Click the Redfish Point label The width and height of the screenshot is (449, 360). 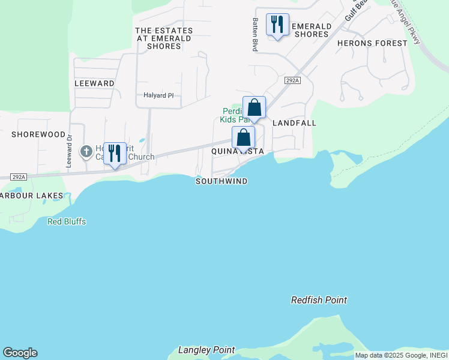click(319, 300)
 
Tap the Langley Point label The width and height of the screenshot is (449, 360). click(206, 350)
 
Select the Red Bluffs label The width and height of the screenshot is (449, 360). click(67, 221)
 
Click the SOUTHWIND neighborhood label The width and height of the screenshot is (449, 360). click(221, 181)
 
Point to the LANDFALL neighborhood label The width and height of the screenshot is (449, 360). click(294, 123)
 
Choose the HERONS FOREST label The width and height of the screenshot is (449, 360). click(372, 43)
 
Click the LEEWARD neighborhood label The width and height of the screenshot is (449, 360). click(94, 83)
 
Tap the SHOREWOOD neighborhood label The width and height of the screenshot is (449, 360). click(38, 134)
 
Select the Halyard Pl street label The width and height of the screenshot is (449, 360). click(158, 95)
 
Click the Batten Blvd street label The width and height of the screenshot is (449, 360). click(255, 34)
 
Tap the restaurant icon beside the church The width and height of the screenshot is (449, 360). click(115, 154)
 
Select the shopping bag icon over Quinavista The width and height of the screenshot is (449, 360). click(243, 138)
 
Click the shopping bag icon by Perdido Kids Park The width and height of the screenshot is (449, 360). click(255, 108)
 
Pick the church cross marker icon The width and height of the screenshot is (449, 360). click(86, 151)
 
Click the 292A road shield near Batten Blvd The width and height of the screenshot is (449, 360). click(291, 80)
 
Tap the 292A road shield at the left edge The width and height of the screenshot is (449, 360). click(19, 177)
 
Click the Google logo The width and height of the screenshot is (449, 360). click(20, 353)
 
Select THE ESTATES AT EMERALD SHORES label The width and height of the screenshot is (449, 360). click(164, 38)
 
